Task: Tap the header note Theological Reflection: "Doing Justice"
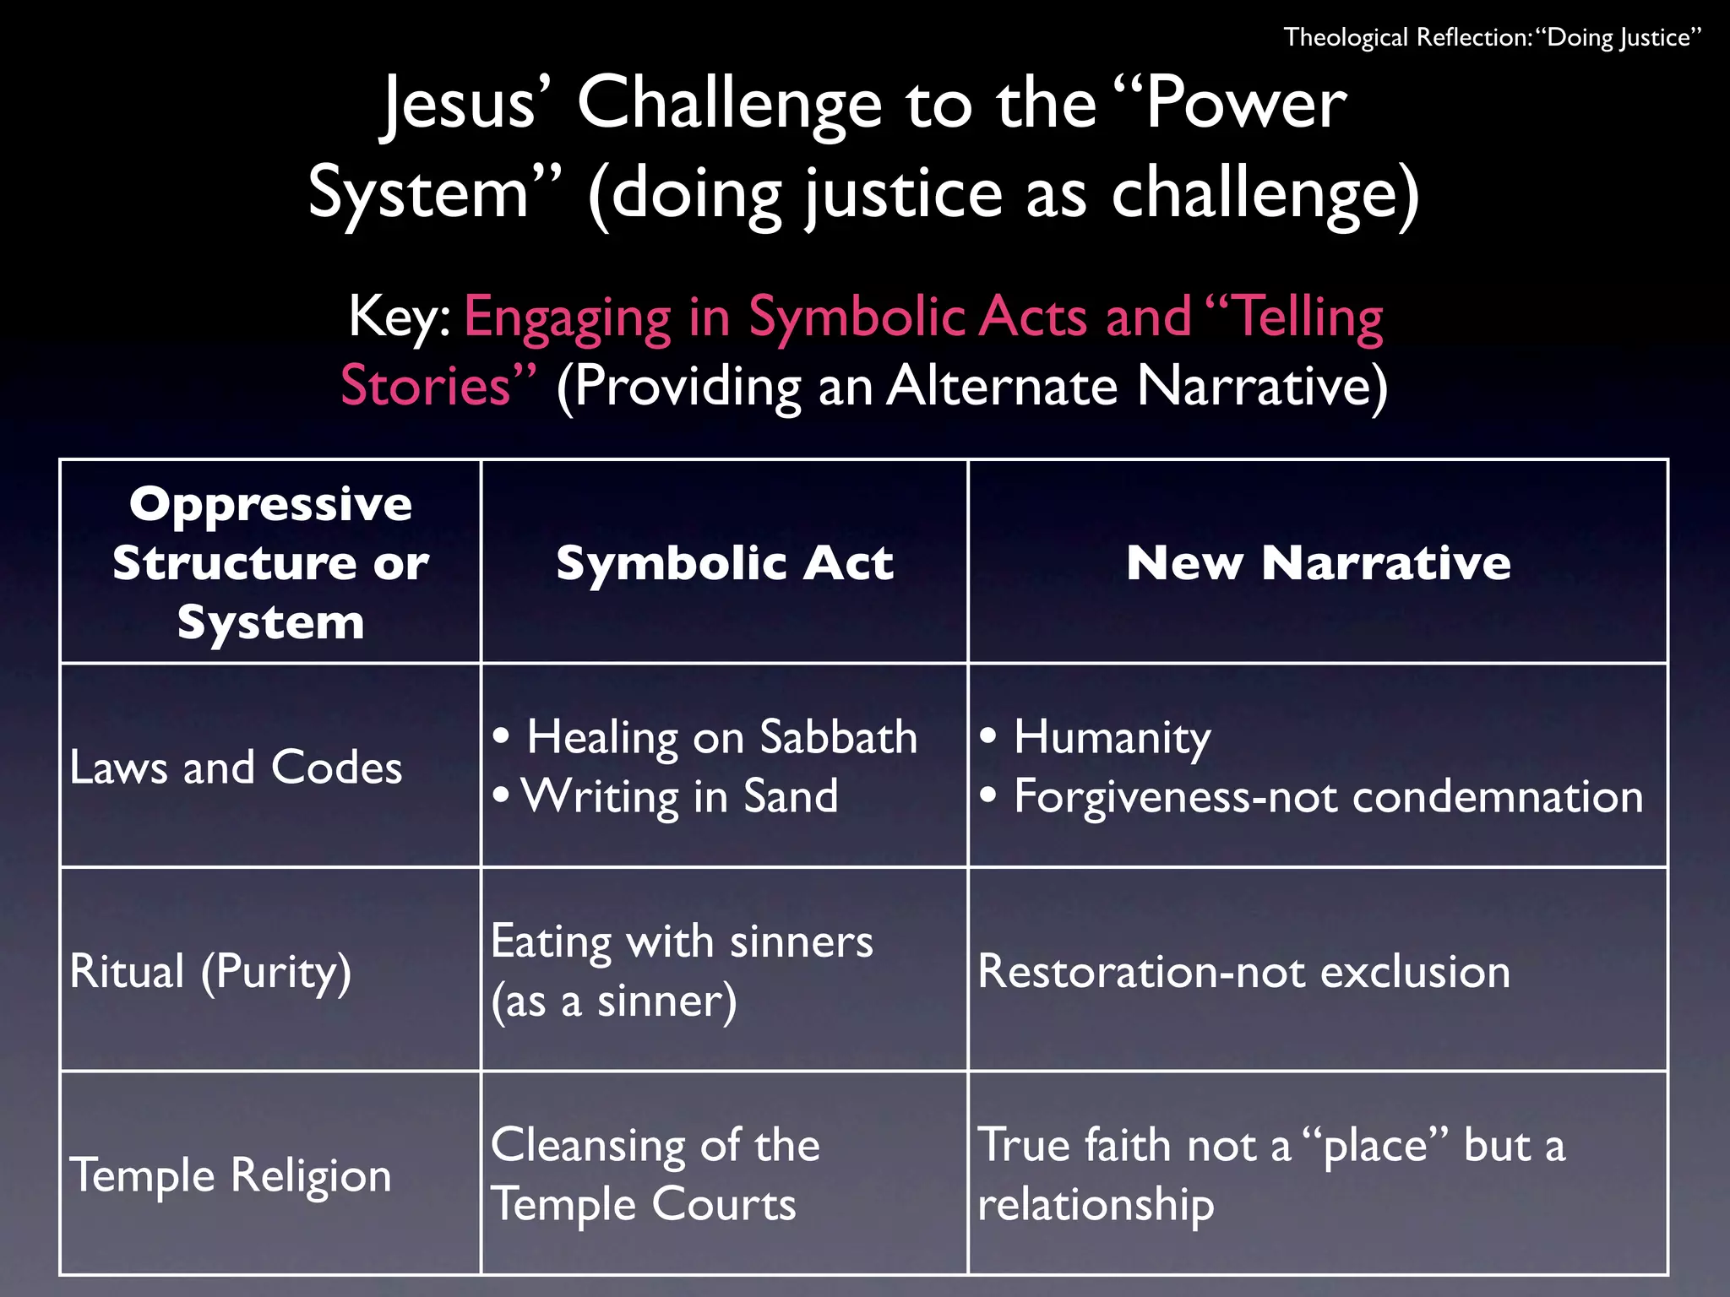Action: [x=1492, y=38]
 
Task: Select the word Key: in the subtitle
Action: [x=400, y=317]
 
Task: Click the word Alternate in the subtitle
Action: [x=1002, y=386]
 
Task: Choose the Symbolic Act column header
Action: [x=724, y=562]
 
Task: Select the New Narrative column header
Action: [x=1318, y=562]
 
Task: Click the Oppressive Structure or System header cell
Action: [x=270, y=562]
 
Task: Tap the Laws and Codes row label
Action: [x=236, y=767]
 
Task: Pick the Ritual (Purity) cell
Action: [x=210, y=971]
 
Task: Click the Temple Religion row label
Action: [x=231, y=1175]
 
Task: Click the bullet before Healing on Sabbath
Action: [x=502, y=735]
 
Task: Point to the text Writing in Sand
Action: [x=680, y=796]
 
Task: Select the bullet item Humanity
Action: [x=1112, y=737]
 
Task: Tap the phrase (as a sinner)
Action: [x=614, y=1001]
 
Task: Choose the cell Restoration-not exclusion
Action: [x=1243, y=971]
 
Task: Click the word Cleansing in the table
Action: [x=596, y=1146]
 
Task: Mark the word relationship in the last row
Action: [x=1096, y=1204]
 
